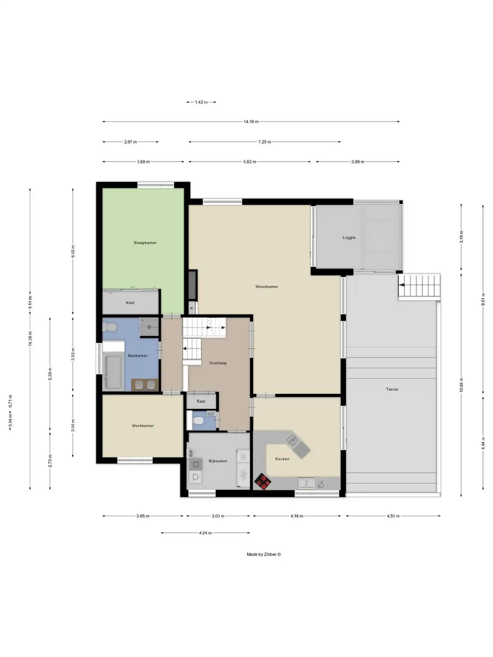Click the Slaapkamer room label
tap(145, 243)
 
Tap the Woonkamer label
tap(267, 287)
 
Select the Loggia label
tap(349, 237)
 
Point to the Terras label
tap(392, 389)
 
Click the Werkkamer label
tap(143, 426)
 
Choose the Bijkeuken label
tap(218, 461)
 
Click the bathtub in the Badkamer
tap(113, 372)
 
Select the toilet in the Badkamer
tap(109, 327)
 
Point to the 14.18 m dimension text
tap(251, 122)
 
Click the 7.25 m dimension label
tap(265, 142)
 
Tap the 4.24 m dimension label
tap(205, 533)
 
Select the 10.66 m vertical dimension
tap(461, 385)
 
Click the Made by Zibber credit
tap(263, 554)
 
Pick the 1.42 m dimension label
tap(201, 102)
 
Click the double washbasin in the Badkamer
tap(145, 385)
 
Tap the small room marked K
tap(192, 308)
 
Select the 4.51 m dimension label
tap(393, 516)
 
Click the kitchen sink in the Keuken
tap(306, 483)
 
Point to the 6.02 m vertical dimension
tap(73, 251)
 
